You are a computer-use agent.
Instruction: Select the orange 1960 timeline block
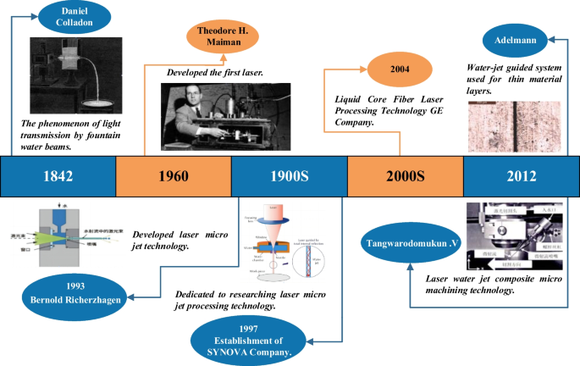[173, 177]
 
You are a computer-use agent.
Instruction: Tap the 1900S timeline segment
[289, 177]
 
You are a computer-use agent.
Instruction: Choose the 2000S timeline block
[405, 177]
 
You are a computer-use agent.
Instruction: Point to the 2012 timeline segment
[519, 177]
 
